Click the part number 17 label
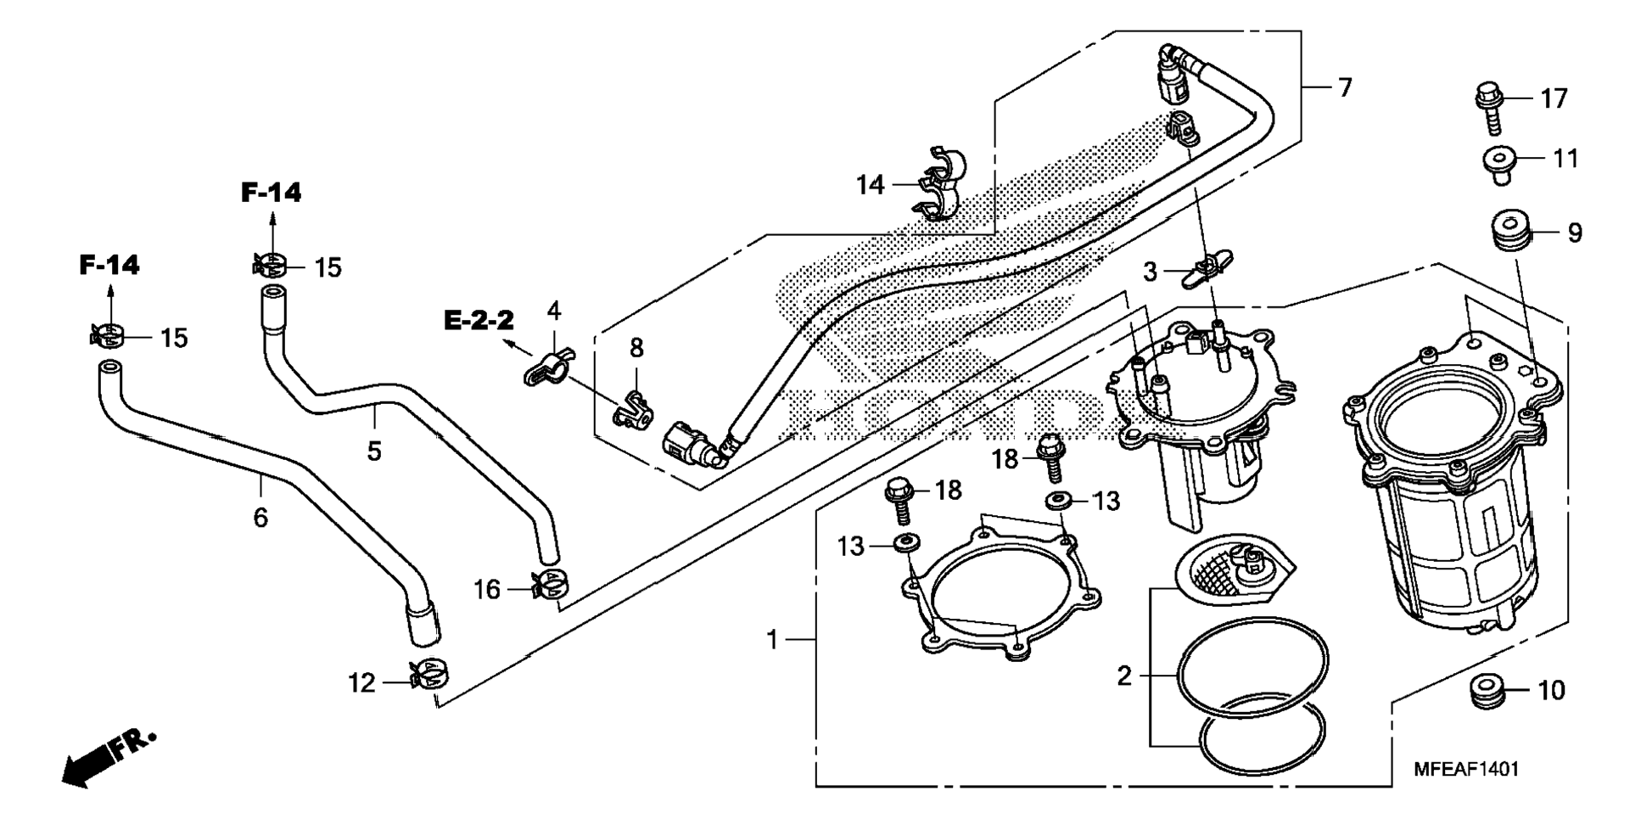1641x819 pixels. pyautogui.click(x=1554, y=99)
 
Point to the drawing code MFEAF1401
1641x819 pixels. pyautogui.click(x=1466, y=769)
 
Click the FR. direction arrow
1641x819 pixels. pyautogui.click(x=108, y=757)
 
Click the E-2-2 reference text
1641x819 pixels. pyautogui.click(x=479, y=320)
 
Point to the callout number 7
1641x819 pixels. pyautogui.click(x=1345, y=87)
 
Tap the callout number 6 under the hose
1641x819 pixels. pyautogui.click(x=260, y=516)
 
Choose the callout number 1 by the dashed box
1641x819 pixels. pyautogui.click(x=772, y=639)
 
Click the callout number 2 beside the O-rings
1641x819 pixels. pyautogui.click(x=1124, y=676)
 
